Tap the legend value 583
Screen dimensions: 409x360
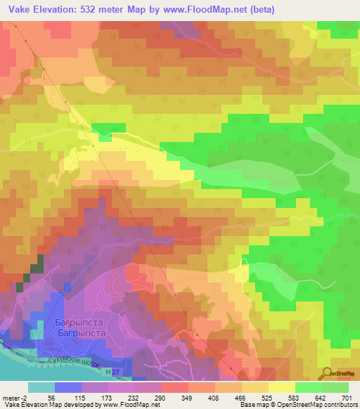307,397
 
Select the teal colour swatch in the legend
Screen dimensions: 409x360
41,387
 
